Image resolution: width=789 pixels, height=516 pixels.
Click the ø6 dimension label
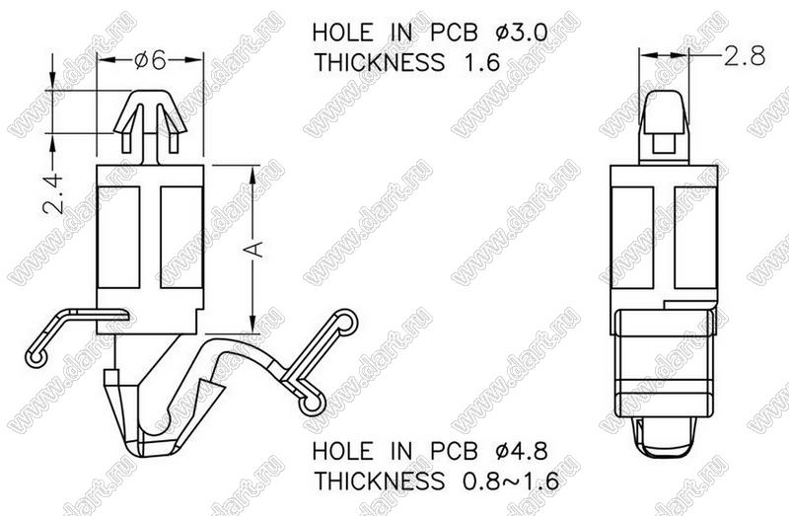[150, 60]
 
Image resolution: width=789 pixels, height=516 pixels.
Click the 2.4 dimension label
[53, 193]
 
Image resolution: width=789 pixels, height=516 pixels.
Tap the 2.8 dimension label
[745, 55]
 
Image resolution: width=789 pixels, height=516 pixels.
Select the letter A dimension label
[255, 249]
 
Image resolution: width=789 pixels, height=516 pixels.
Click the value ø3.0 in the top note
[522, 33]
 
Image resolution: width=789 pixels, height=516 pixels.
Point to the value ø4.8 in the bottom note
[522, 451]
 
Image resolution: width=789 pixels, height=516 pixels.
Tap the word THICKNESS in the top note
[380, 63]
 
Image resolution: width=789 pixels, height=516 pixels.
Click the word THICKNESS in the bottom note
[380, 481]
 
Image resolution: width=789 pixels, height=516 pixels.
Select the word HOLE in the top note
[342, 33]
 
